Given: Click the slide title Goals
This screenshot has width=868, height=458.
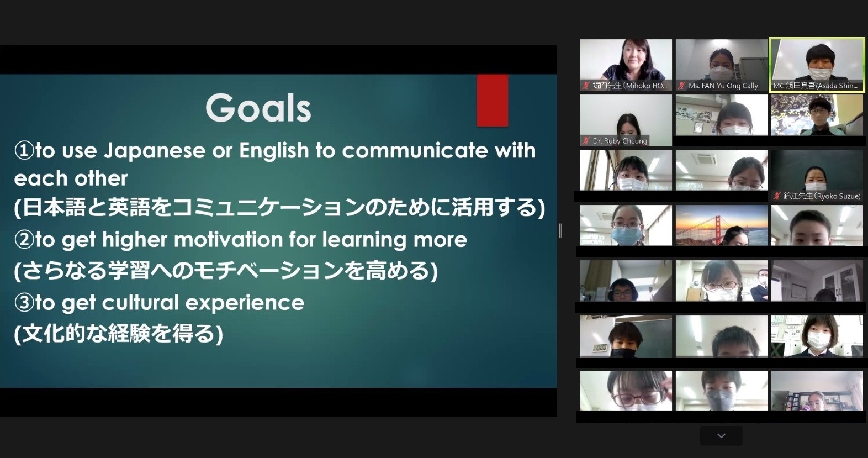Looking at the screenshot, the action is click(258, 108).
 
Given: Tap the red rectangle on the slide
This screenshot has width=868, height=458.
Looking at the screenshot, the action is click(493, 101).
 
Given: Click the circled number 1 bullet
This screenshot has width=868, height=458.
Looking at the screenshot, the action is click(24, 150).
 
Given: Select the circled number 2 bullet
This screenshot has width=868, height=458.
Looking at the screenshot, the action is click(24, 240).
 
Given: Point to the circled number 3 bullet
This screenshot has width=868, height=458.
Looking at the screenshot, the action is click(24, 303).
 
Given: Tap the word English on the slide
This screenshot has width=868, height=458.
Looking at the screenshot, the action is click(274, 150).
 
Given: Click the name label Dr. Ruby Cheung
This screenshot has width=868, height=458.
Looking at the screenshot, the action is click(620, 141).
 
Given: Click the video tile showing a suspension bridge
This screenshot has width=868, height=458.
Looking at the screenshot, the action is click(722, 225).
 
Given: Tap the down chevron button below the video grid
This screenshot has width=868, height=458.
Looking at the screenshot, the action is click(721, 436).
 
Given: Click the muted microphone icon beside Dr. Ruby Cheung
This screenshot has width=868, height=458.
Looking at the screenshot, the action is click(585, 141).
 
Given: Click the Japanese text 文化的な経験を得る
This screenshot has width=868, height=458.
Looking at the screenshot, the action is click(119, 334).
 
